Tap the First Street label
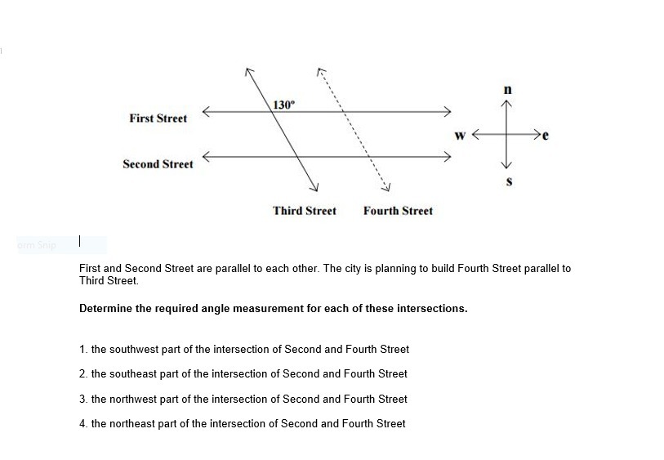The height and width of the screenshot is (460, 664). (158, 118)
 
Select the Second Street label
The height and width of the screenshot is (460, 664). (158, 164)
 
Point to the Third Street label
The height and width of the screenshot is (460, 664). (304, 211)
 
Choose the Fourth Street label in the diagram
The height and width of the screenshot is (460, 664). (398, 211)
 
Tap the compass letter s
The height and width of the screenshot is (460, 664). (509, 181)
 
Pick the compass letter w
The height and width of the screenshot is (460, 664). (461, 135)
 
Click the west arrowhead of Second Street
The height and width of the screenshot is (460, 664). (206, 157)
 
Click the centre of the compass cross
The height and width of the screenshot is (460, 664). (507, 135)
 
